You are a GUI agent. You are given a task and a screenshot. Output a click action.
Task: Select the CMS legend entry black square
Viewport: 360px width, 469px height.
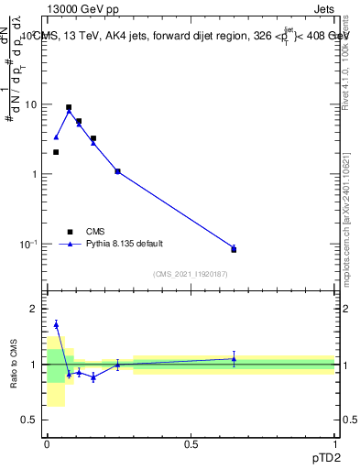[x=70, y=232]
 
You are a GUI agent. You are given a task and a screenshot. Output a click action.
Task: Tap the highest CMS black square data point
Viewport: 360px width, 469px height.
[x=69, y=107]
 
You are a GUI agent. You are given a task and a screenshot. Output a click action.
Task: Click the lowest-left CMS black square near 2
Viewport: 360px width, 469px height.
[x=56, y=152]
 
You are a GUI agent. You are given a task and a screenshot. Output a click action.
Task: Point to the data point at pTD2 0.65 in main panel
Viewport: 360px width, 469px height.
[x=234, y=249]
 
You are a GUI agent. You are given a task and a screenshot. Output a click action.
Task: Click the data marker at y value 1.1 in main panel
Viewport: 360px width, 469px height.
[x=117, y=171]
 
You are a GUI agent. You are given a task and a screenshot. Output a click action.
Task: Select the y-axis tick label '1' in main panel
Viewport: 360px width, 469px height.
[x=34, y=174]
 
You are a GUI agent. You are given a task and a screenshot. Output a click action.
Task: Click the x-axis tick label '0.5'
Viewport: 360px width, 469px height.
[x=191, y=443]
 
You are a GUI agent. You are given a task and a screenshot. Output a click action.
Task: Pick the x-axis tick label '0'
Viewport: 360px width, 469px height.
[x=47, y=443]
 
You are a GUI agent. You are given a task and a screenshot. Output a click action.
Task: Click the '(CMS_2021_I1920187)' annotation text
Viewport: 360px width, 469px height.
[x=191, y=275]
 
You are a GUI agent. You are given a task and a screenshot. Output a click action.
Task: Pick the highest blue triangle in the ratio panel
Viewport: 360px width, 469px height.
[x=56, y=324]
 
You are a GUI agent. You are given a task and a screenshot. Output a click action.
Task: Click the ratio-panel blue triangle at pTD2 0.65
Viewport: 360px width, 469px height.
[x=234, y=359]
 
